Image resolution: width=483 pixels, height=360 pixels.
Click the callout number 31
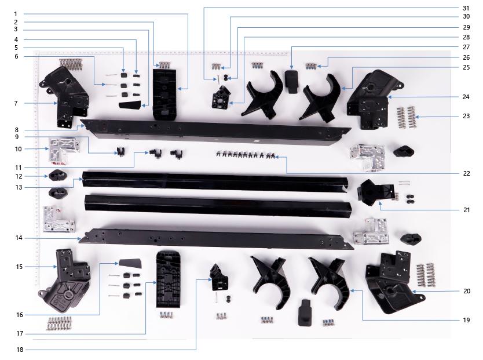pos(466,8)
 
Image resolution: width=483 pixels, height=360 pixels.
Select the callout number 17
pos(20,333)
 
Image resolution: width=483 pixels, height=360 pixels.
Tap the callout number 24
pos(466,97)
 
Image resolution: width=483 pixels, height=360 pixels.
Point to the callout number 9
pos(17,137)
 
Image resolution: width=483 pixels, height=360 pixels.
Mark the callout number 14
pos(19,238)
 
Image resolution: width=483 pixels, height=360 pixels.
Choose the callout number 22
pos(466,173)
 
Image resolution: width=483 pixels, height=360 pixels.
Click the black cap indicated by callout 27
pos(291,81)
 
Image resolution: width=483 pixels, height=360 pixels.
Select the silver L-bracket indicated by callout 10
pos(64,150)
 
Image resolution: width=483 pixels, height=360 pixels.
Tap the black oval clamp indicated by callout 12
pos(57,176)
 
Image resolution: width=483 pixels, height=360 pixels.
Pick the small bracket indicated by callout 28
pos(221,97)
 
